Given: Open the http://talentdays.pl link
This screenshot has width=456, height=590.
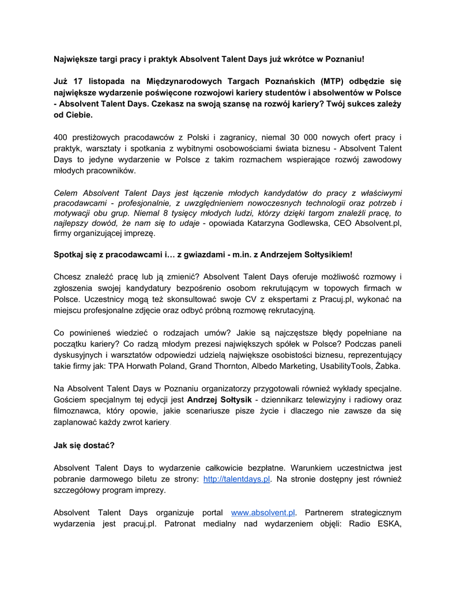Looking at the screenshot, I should [237, 479].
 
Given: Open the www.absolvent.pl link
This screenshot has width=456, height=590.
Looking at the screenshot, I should [263, 512].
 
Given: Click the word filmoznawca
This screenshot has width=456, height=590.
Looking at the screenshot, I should [76, 411].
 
